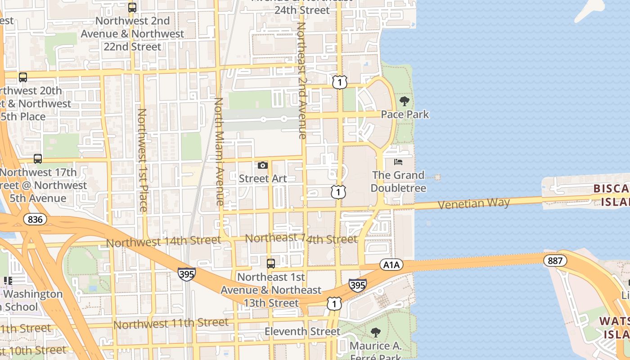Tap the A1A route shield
pyautogui.click(x=391, y=265)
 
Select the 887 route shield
pyautogui.click(x=555, y=260)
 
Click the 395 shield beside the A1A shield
pyautogui.click(x=357, y=285)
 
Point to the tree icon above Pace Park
pyautogui.click(x=405, y=101)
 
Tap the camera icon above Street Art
pyautogui.click(x=263, y=166)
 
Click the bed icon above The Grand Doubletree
pyautogui.click(x=398, y=162)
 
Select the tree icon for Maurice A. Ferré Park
pyautogui.click(x=375, y=333)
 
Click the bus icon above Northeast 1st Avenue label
pyautogui.click(x=271, y=264)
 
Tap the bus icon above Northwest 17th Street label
pyautogui.click(x=38, y=159)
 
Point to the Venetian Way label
pyautogui.click(x=473, y=203)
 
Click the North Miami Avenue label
pyautogui.click(x=219, y=152)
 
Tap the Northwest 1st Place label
pyautogui.click(x=142, y=160)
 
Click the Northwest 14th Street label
pyautogui.click(x=163, y=242)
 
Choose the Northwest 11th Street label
pyautogui.click(x=171, y=323)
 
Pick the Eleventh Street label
pyautogui.click(x=302, y=332)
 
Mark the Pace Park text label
pyautogui.click(x=405, y=114)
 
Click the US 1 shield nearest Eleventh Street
pyautogui.click(x=334, y=304)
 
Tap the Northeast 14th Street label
pyautogui.click(x=301, y=238)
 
